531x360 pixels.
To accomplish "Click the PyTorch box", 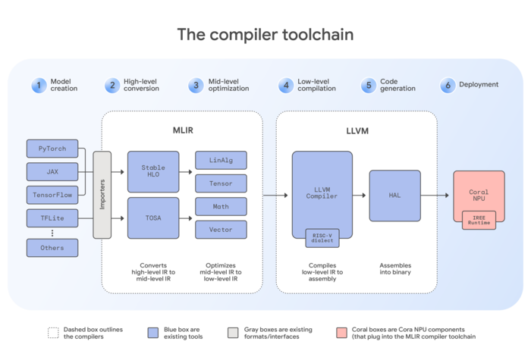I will tap(52, 149).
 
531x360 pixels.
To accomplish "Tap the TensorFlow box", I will tap(52, 194).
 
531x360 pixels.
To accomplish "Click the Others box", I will tap(52, 247).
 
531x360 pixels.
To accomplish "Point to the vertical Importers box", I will tap(102, 195).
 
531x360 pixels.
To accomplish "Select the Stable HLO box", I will tap(152, 171).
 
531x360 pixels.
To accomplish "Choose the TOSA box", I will tap(152, 218).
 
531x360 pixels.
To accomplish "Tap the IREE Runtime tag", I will tap(479, 220).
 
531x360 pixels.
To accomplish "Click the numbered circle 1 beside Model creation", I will tap(38, 85).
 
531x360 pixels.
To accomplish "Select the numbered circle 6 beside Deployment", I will tap(448, 85).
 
